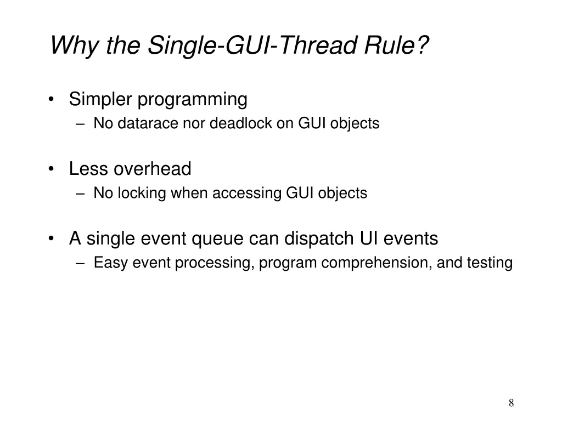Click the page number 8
coord(511,403)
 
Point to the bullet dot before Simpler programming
coord(51,100)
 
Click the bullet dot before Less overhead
coord(51,169)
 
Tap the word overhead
coord(153,169)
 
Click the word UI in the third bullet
coord(369,239)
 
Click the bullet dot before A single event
coord(51,239)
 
